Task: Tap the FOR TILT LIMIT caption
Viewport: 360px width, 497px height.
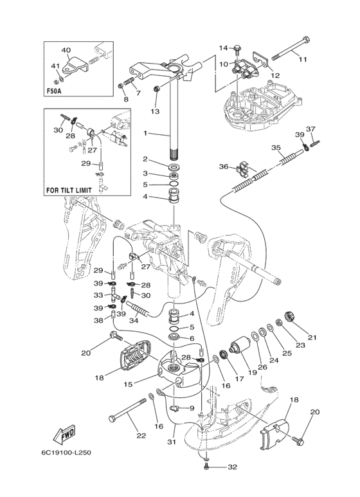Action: click(x=69, y=190)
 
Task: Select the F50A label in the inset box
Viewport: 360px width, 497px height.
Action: click(x=52, y=91)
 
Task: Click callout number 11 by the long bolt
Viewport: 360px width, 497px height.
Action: click(x=303, y=59)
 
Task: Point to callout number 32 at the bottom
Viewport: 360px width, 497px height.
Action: click(x=232, y=467)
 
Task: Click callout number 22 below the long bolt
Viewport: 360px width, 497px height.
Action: click(x=141, y=436)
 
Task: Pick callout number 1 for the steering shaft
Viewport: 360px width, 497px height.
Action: click(x=145, y=134)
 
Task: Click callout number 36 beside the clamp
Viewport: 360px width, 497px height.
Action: click(x=224, y=167)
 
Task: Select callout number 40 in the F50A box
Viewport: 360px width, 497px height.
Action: click(x=66, y=50)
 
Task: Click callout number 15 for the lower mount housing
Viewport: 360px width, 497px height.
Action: click(x=128, y=384)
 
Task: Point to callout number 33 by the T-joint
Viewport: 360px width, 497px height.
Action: click(x=98, y=295)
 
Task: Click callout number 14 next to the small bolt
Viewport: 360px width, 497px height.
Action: click(x=224, y=48)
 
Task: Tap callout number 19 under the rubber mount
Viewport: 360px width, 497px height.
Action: click(x=252, y=372)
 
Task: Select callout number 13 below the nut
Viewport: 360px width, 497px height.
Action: click(x=156, y=111)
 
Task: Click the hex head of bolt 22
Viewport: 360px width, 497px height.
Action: click(x=111, y=419)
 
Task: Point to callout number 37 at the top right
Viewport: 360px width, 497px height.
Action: click(x=311, y=129)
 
